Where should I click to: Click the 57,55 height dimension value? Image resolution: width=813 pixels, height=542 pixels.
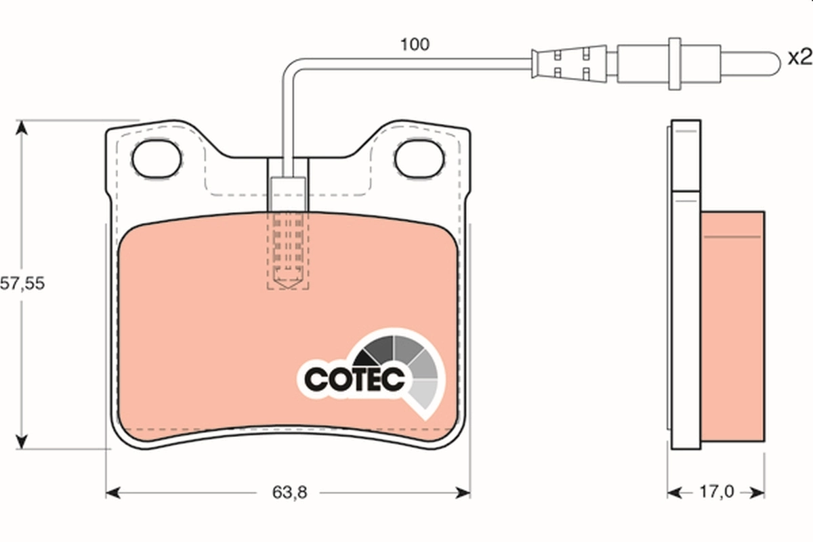tap(22, 285)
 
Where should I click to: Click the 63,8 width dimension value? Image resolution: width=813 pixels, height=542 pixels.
tap(290, 493)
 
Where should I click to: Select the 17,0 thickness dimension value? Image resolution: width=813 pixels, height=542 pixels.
tap(716, 493)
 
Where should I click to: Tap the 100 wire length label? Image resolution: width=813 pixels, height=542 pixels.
tap(415, 45)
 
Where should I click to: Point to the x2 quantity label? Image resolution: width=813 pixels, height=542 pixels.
tap(799, 58)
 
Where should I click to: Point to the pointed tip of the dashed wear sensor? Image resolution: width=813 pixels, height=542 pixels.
tap(288, 285)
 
